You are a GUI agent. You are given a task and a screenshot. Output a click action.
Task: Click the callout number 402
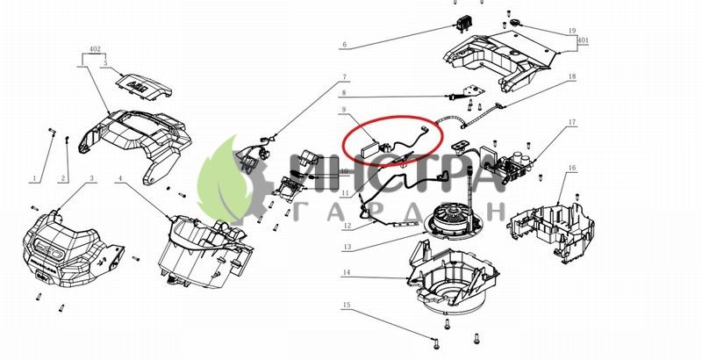(95, 49)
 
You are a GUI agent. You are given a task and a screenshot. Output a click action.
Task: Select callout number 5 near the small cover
(105, 63)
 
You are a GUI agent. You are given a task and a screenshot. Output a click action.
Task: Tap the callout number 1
(34, 178)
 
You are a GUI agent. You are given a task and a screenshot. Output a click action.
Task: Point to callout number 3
(92, 178)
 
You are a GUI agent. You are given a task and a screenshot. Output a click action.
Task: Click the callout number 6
(344, 44)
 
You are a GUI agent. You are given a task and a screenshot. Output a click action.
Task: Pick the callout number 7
(344, 77)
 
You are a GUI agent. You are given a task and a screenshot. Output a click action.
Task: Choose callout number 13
(347, 247)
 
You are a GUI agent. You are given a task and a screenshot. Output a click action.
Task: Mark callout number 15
(347, 305)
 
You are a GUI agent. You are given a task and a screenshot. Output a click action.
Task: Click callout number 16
(572, 168)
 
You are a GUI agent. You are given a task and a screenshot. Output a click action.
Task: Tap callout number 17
(572, 122)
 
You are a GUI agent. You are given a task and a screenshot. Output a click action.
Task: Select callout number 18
(572, 76)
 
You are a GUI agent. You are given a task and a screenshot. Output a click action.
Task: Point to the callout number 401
(583, 40)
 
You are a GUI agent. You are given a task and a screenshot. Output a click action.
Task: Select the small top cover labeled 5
(144, 85)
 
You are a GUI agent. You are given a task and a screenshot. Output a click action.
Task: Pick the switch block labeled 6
(463, 24)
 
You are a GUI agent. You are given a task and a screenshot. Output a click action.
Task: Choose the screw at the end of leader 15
(435, 343)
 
